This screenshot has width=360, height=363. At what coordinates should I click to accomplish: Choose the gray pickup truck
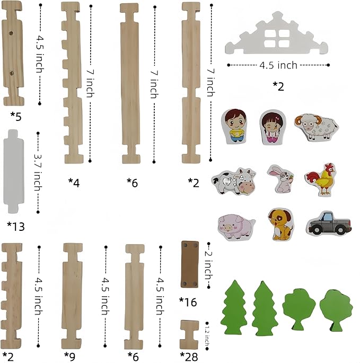pyautogui.click(x=329, y=223)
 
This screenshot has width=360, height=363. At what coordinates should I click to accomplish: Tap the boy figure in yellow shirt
pyautogui.click(x=233, y=126)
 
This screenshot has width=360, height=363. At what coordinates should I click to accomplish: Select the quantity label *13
pyautogui.click(x=15, y=227)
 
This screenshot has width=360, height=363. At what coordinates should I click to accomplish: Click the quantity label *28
pyautogui.click(x=189, y=356)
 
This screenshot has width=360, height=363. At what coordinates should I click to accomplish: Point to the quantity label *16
pyautogui.click(x=188, y=302)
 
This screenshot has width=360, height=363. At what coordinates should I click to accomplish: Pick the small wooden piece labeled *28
pyautogui.click(x=189, y=333)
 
